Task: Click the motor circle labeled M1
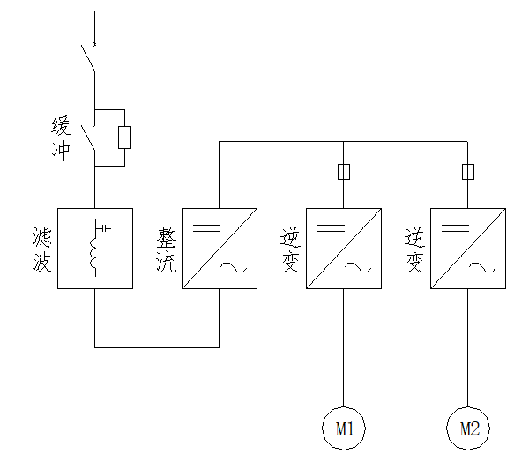tap(344, 429)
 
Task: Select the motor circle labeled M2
tap(468, 429)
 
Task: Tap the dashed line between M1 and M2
tap(406, 429)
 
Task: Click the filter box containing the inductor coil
tap(95, 249)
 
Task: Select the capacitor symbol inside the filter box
tap(106, 228)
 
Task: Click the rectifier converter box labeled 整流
tap(220, 249)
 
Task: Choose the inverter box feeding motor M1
tap(344, 249)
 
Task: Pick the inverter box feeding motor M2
tap(468, 249)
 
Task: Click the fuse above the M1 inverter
tap(344, 171)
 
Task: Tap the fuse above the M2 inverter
tap(468, 171)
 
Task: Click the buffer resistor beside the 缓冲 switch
tap(125, 137)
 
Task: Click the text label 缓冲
tap(59, 137)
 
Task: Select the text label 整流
tap(166, 249)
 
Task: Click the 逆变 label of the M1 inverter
tap(290, 249)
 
